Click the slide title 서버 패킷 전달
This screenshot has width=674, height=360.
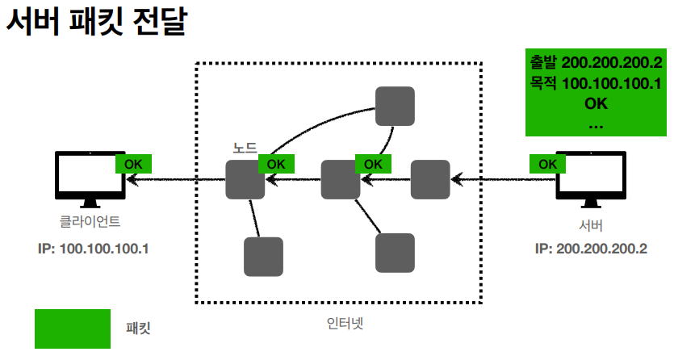coord(96,22)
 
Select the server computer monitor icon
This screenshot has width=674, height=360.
coord(592,180)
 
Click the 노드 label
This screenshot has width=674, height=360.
coord(245,149)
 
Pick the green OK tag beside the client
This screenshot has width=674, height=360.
coord(133,164)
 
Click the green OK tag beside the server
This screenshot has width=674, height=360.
coord(548,164)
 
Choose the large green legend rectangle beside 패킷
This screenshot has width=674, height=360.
coord(73,329)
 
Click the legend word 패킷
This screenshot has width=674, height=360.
coord(139,329)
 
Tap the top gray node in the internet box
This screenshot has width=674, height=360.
coord(395,107)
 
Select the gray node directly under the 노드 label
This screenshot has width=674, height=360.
coord(245,180)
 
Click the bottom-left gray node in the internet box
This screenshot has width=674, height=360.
coord(263,257)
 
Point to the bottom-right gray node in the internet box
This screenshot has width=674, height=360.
coord(395,253)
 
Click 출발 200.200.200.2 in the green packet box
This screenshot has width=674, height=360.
coord(596,63)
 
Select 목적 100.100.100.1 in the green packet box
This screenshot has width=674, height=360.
coord(596,83)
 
